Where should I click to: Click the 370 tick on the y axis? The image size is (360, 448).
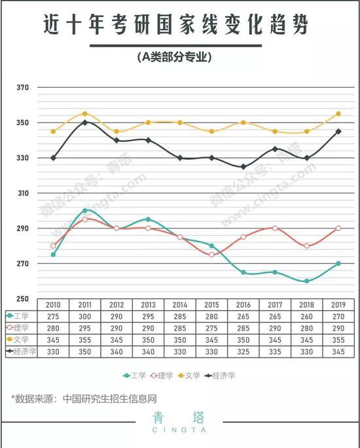pos(22,87)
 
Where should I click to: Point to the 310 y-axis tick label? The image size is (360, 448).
pos(23,193)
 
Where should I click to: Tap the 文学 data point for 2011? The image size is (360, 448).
pos(85,114)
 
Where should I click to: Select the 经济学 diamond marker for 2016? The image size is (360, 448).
pos(243,166)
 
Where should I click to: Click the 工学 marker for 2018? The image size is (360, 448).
pos(306,281)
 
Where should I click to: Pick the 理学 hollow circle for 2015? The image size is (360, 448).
pos(211,255)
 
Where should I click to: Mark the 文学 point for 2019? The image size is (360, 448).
pos(338,114)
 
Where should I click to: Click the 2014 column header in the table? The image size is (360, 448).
pos(180,305)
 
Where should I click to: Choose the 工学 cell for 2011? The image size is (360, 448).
pos(85,316)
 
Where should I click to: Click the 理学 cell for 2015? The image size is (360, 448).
pos(211,328)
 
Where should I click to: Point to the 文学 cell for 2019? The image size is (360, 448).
pos(338,340)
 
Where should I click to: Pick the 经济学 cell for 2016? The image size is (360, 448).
pos(243,352)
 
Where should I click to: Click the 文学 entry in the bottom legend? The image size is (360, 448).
pos(189,375)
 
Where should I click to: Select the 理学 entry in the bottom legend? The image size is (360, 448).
pos(162,375)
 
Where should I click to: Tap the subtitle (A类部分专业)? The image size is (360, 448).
pos(174,57)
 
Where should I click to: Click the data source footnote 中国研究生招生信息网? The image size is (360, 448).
pos(110,399)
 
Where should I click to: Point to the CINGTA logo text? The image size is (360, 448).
pos(179,430)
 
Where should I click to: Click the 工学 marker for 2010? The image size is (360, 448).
pos(53,255)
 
